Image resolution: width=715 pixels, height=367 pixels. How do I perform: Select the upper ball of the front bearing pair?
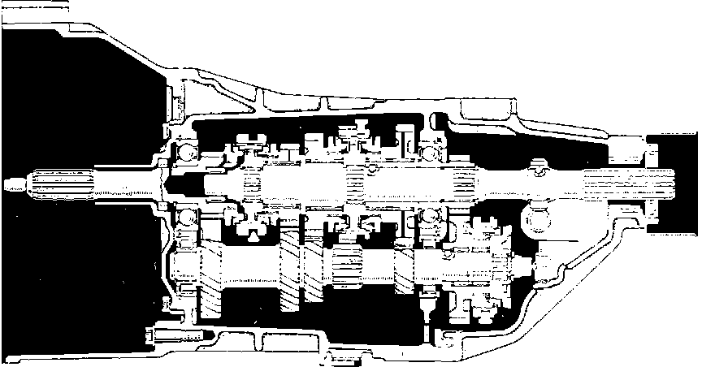tap(188, 151)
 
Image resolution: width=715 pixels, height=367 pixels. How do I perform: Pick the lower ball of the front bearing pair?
tap(188, 216)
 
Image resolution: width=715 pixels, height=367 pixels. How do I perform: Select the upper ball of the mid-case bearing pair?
tap(431, 151)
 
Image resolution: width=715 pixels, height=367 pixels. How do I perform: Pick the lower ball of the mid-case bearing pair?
tap(431, 216)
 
